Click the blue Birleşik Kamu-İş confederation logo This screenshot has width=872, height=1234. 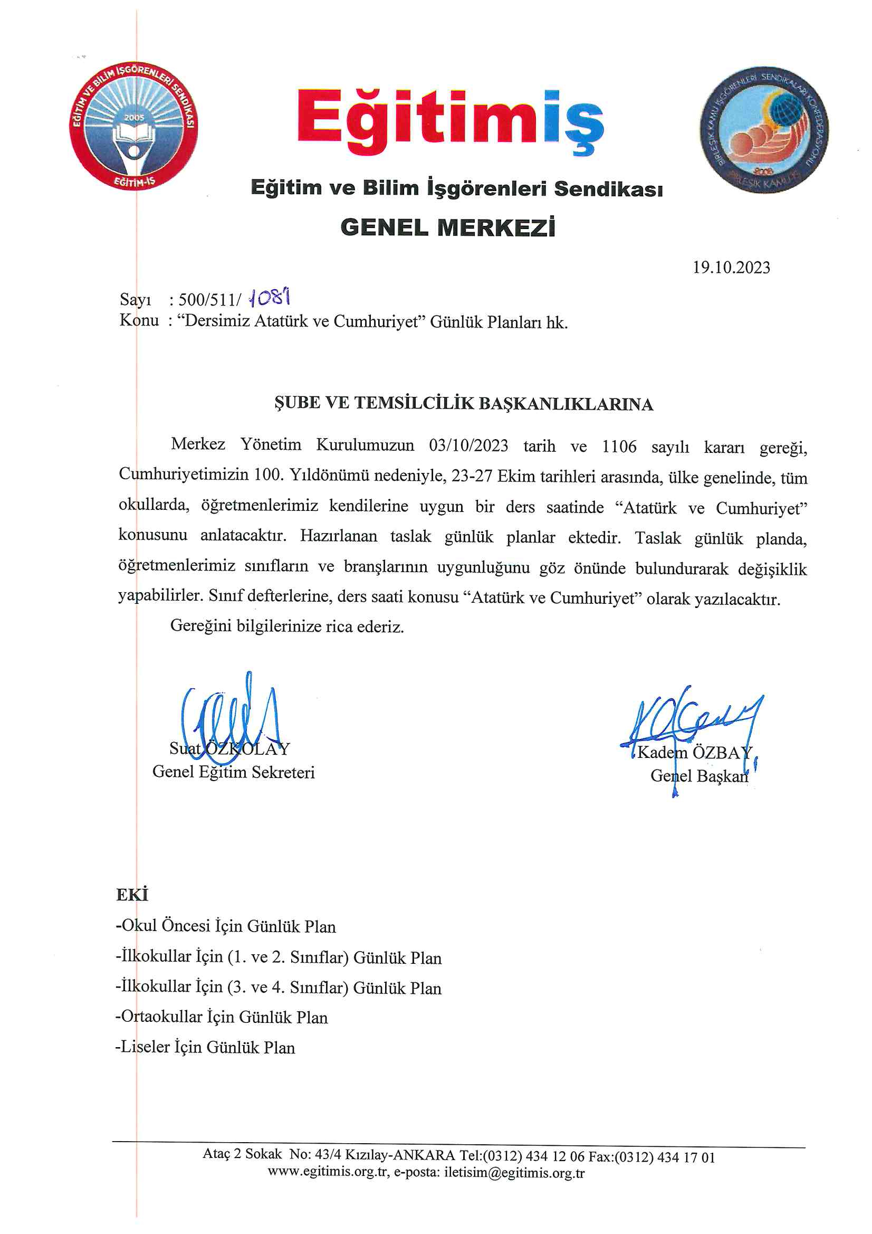tap(763, 129)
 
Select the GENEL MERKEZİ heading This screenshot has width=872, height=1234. tap(447, 227)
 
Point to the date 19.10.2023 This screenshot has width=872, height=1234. tap(731, 268)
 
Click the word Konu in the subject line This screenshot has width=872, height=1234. tap(139, 321)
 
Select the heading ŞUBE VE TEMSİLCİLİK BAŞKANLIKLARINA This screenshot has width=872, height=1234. tap(463, 404)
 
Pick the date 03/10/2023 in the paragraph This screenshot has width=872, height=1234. tap(468, 445)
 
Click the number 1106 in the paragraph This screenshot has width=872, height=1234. tap(618, 447)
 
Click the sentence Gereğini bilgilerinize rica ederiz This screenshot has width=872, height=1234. tap(287, 626)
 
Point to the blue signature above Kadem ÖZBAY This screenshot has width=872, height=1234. tap(693, 720)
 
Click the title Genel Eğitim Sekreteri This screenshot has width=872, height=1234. tap(233, 772)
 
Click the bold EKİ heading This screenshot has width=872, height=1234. tap(132, 895)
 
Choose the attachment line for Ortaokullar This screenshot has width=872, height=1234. tap(222, 1018)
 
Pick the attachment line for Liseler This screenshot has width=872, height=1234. tap(205, 1048)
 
